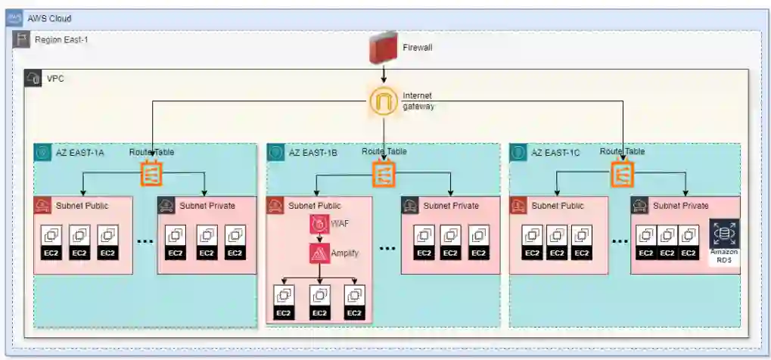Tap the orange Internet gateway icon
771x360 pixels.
coord(384,101)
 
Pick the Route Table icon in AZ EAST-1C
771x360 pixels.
coord(623,175)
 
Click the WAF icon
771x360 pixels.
coord(319,225)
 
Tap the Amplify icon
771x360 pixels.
coord(319,253)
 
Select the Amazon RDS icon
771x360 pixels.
coord(724,235)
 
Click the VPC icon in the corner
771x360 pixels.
coord(33,78)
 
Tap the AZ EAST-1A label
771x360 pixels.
coord(80,152)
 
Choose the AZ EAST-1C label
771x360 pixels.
coord(555,152)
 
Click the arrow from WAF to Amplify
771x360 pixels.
coord(319,239)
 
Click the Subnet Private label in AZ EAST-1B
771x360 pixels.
coord(451,205)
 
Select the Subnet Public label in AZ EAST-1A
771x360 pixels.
coord(84,205)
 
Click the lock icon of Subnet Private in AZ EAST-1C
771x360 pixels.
coord(640,205)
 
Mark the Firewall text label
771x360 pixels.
coord(418,47)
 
